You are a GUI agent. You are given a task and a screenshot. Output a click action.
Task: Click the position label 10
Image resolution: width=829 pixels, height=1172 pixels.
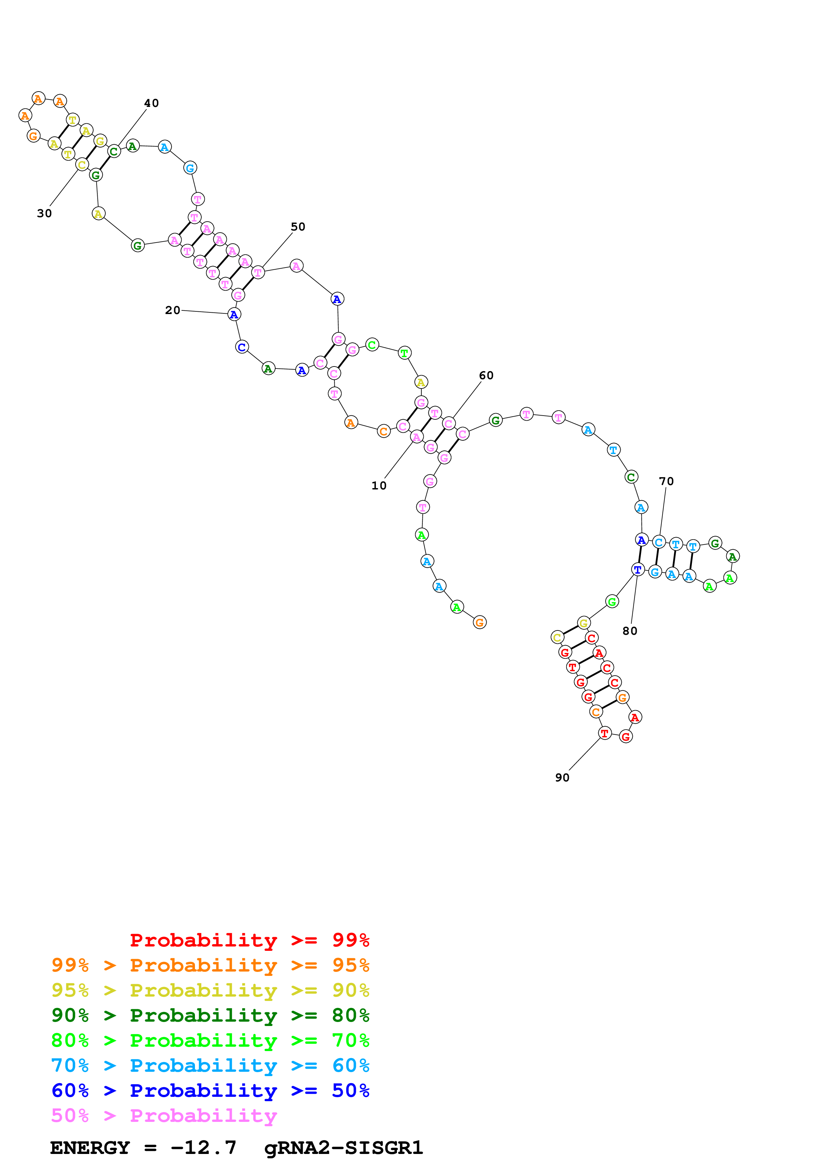click(379, 485)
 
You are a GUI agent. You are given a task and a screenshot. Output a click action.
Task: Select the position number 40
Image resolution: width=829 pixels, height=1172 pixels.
click(151, 103)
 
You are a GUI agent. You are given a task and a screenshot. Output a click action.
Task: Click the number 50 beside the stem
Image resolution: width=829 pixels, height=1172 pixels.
click(298, 227)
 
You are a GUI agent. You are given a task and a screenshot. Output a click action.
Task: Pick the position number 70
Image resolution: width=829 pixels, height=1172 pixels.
click(666, 481)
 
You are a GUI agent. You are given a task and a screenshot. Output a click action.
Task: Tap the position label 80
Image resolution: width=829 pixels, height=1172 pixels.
click(630, 631)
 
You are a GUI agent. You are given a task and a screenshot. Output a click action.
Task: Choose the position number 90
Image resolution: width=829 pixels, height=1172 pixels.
click(562, 777)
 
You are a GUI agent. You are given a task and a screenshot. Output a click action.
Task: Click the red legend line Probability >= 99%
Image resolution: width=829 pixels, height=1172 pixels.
click(249, 940)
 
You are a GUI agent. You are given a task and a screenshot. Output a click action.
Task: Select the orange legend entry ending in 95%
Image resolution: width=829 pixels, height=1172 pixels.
click(210, 965)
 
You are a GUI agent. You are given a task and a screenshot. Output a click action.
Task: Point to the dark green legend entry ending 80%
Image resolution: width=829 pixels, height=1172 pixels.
click(210, 1015)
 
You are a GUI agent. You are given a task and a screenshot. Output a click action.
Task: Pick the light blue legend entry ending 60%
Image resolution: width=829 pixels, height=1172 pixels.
click(210, 1065)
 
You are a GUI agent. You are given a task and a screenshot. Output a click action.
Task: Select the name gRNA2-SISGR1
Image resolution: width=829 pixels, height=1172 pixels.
click(343, 1148)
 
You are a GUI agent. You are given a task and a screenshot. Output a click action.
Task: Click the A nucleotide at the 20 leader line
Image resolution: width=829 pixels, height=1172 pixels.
click(234, 314)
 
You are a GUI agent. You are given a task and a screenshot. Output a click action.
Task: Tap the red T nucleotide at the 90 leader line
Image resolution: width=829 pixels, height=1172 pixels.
click(605, 734)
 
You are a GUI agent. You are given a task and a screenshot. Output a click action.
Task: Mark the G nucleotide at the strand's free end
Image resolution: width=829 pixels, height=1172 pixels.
click(479, 622)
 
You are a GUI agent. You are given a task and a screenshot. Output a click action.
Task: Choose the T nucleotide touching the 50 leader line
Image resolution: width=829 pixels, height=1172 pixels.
click(258, 273)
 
